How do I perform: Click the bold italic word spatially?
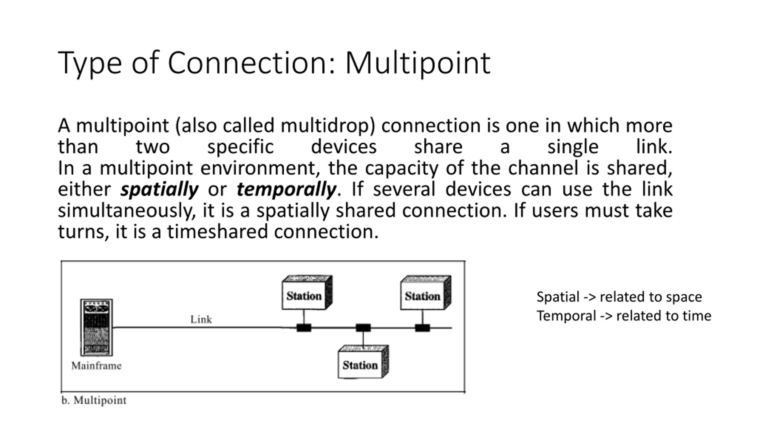(x=159, y=190)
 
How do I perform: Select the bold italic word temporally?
(x=286, y=190)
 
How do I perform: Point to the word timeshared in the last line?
(x=218, y=231)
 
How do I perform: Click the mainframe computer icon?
(x=97, y=327)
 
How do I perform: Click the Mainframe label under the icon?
(x=96, y=366)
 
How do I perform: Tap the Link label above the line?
(x=201, y=319)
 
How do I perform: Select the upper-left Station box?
(x=307, y=292)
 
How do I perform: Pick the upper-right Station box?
(x=426, y=292)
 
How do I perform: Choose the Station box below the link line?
(x=363, y=362)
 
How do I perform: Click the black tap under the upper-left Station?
(x=304, y=328)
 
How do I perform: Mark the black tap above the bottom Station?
(x=363, y=328)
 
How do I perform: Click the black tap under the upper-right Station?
(x=422, y=328)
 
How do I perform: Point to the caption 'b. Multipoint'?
(x=94, y=401)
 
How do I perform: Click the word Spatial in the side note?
(x=558, y=297)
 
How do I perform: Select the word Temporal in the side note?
(x=566, y=316)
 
